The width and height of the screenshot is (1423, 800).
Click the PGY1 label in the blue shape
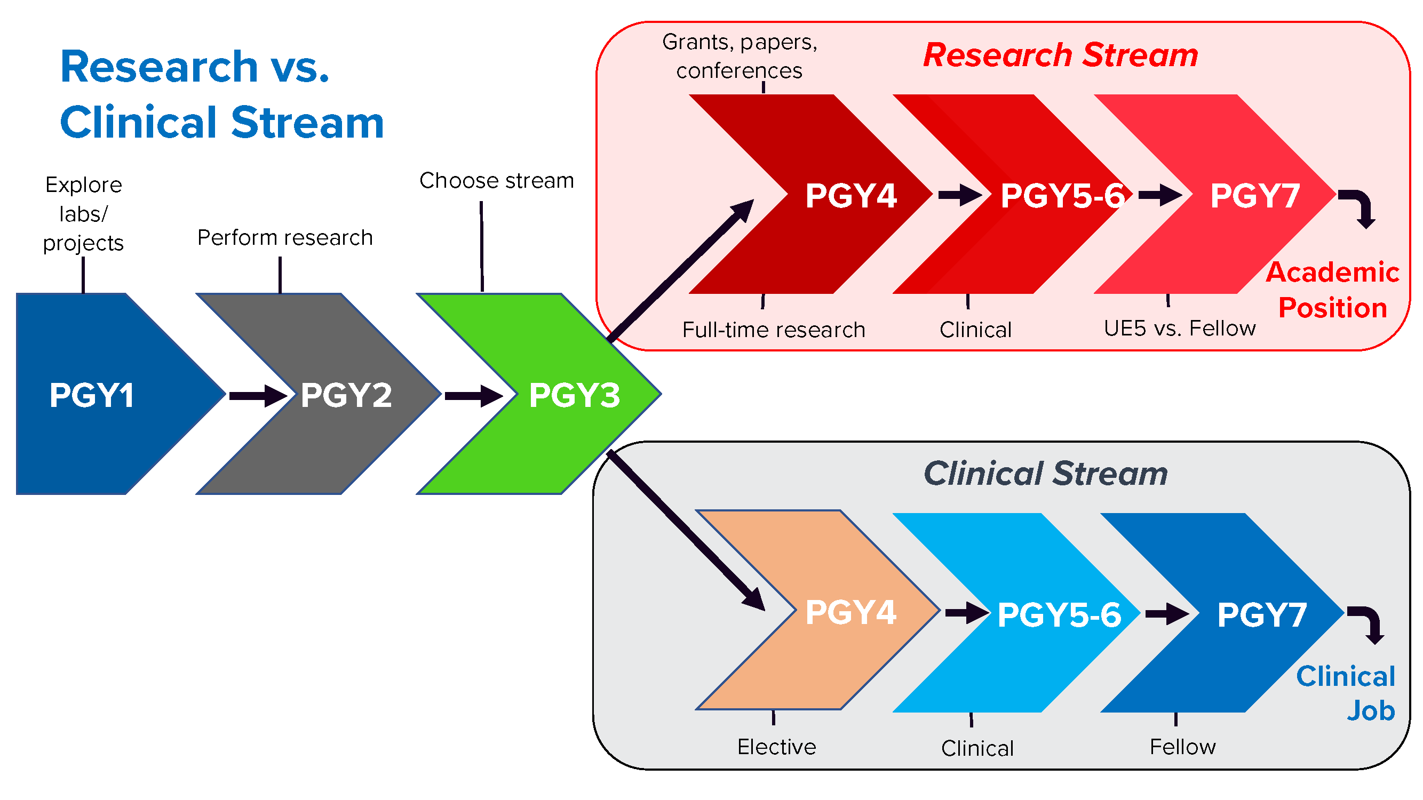click(92, 395)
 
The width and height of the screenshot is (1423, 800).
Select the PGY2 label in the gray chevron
click(346, 395)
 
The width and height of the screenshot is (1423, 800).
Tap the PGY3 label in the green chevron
click(575, 395)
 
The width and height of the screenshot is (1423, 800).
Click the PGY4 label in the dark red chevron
click(850, 195)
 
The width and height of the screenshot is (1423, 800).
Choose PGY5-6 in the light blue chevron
click(1060, 614)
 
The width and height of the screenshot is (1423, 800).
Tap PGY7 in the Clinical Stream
click(1262, 614)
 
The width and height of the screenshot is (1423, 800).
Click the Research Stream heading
click(1061, 55)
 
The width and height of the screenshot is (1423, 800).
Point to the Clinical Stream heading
click(1046, 473)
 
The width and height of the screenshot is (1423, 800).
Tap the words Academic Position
click(1332, 290)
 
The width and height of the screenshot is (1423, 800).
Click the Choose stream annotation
click(497, 181)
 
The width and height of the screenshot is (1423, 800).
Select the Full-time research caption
click(773, 330)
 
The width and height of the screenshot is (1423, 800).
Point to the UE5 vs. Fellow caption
click(1179, 329)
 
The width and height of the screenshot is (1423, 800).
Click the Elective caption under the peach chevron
click(777, 747)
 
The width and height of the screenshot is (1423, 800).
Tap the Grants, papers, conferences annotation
click(740, 57)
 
